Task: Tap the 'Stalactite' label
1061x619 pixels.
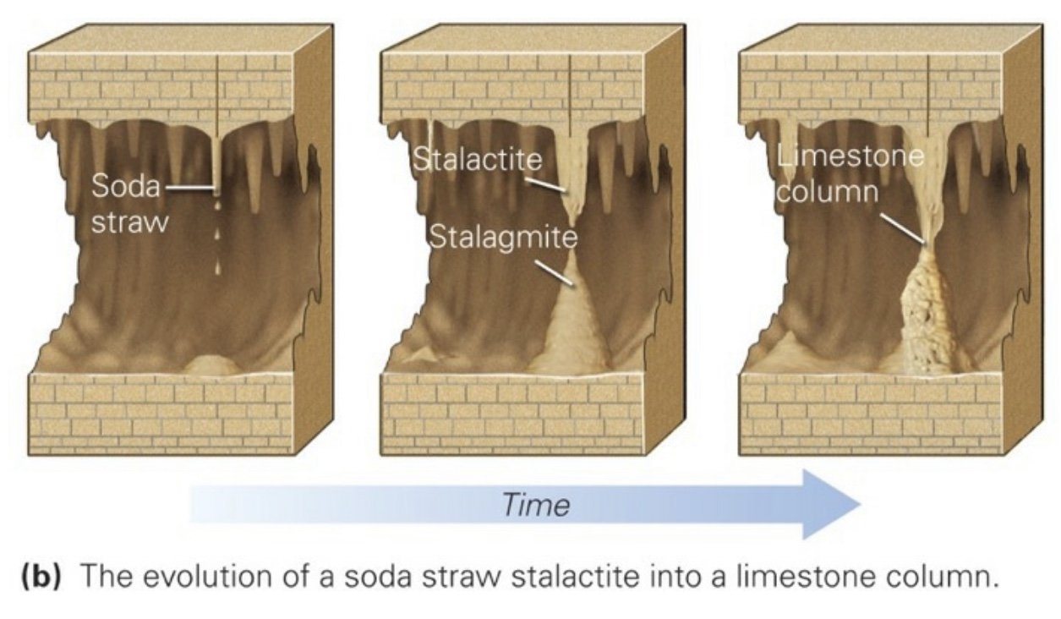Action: click(x=477, y=161)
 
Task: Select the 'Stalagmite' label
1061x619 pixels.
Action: click(x=503, y=236)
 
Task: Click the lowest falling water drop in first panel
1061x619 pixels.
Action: click(x=217, y=267)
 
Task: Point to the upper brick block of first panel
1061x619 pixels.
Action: click(x=161, y=85)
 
